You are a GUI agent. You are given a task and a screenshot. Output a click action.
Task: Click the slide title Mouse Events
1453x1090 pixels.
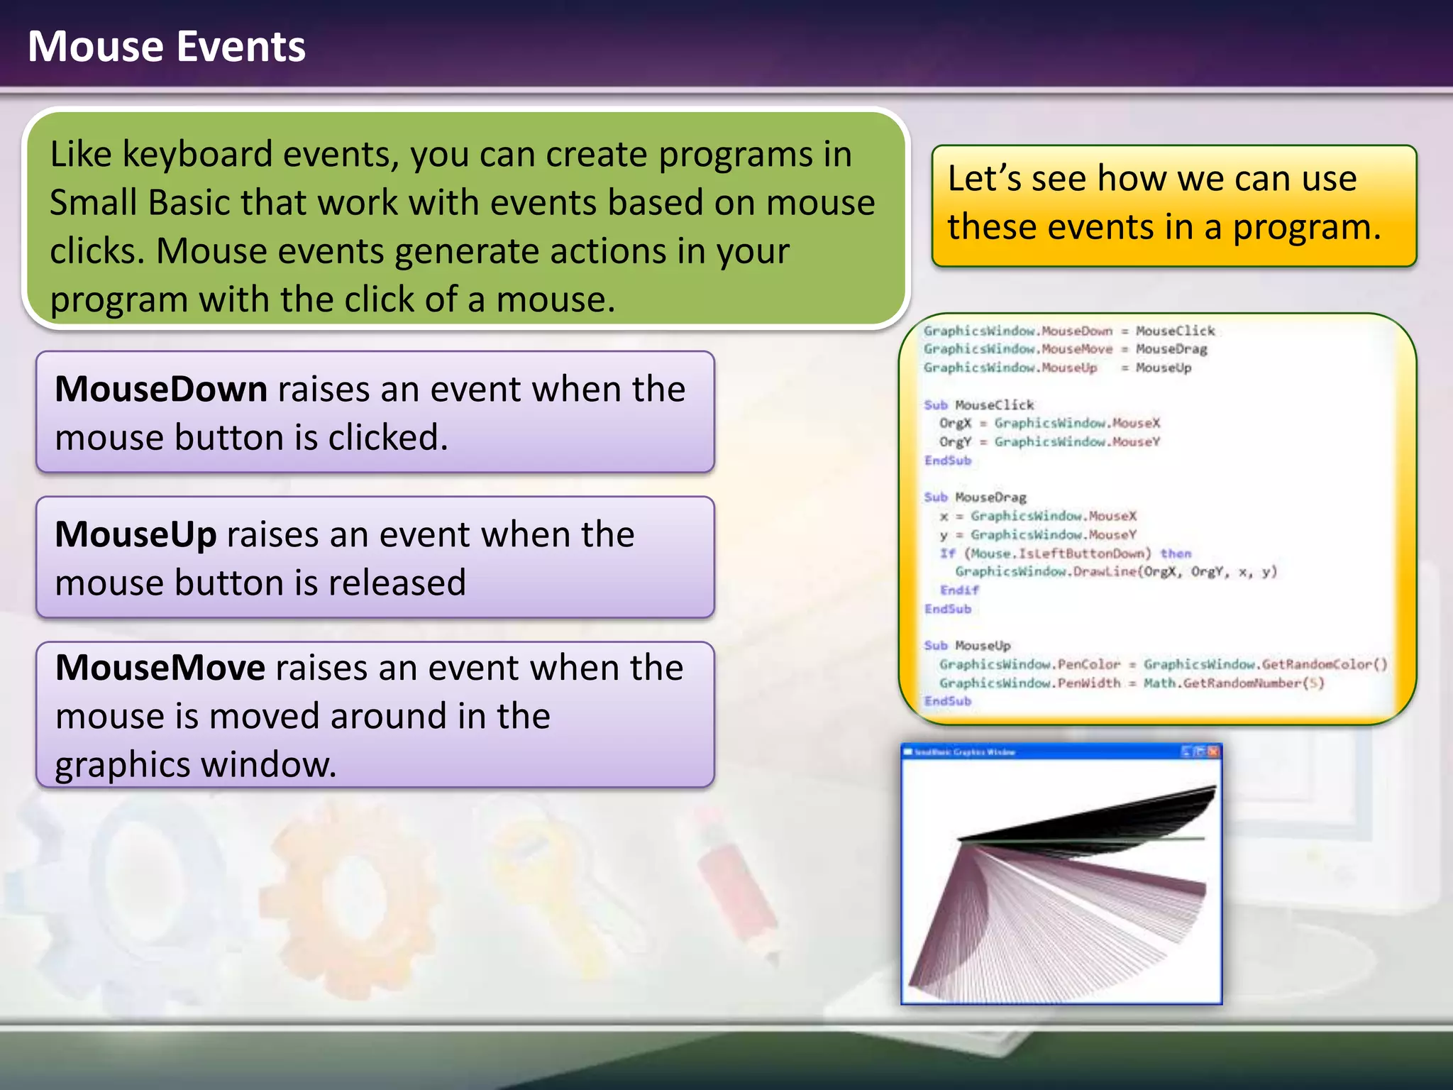(166, 47)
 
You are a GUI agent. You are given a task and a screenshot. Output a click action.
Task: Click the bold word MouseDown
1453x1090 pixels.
(161, 389)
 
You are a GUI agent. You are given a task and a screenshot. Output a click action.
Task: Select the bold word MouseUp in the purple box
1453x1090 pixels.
(136, 534)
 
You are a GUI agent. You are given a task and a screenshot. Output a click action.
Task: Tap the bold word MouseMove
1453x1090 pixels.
(160, 668)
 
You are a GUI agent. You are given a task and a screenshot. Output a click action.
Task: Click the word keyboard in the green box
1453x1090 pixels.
(197, 154)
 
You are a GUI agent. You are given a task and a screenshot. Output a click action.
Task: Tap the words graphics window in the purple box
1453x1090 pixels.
(195, 765)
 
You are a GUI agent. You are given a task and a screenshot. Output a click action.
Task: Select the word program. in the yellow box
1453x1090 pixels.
(1306, 227)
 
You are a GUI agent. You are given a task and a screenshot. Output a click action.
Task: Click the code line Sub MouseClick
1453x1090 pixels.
(978, 404)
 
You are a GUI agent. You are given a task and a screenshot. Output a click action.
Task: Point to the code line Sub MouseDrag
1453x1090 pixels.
(975, 497)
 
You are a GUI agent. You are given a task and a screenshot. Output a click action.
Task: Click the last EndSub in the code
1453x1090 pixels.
(947, 701)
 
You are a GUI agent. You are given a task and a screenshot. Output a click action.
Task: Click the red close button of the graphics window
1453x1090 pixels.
(1213, 752)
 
